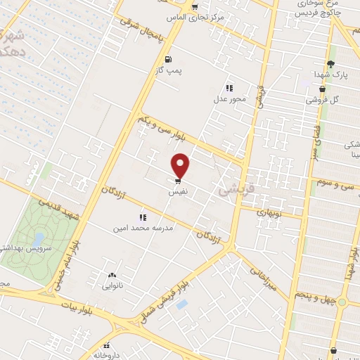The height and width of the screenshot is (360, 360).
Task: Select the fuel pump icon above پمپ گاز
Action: (167, 59)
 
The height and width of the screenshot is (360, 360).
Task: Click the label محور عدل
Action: (229, 100)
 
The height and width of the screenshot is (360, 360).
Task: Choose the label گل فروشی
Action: (322, 100)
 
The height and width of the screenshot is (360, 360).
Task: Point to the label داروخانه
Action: (106, 356)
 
